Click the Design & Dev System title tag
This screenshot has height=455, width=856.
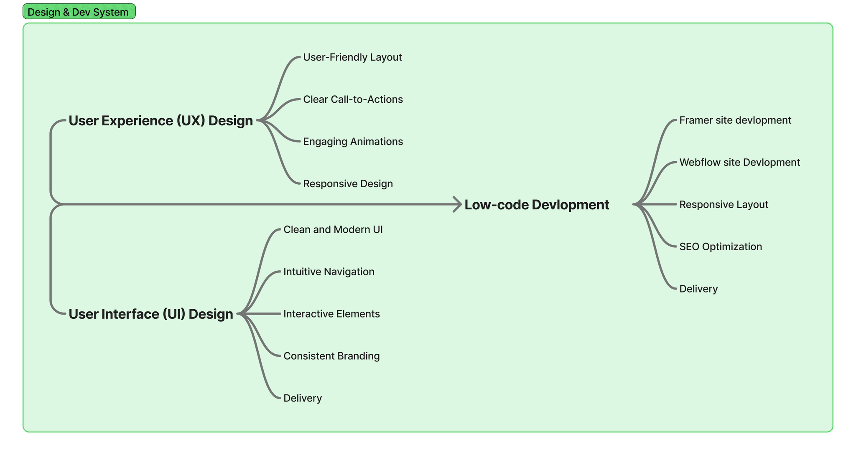click(x=79, y=12)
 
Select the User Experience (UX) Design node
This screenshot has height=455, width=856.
click(x=160, y=121)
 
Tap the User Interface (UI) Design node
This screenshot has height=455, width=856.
click(x=150, y=314)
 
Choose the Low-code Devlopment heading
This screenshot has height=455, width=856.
click(x=537, y=205)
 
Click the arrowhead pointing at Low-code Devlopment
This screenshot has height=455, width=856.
click(x=458, y=204)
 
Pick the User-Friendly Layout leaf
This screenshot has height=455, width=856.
click(x=352, y=57)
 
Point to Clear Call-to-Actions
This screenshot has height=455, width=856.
click(x=353, y=99)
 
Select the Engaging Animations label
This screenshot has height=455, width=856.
click(x=353, y=142)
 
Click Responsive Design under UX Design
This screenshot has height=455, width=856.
click(x=348, y=184)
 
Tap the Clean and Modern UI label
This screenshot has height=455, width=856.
click(x=333, y=230)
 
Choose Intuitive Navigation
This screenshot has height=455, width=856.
click(x=329, y=272)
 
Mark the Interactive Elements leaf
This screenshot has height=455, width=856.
click(x=331, y=314)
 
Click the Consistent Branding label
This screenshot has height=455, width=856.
click(x=331, y=356)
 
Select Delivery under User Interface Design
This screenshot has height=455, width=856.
click(x=303, y=399)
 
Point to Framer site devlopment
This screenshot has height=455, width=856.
click(x=735, y=120)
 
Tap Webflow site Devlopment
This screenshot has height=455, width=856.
click(x=739, y=163)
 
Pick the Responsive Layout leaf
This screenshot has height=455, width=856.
click(x=724, y=205)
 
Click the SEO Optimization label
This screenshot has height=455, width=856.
click(x=721, y=247)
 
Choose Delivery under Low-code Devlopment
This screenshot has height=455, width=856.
click(x=698, y=289)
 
